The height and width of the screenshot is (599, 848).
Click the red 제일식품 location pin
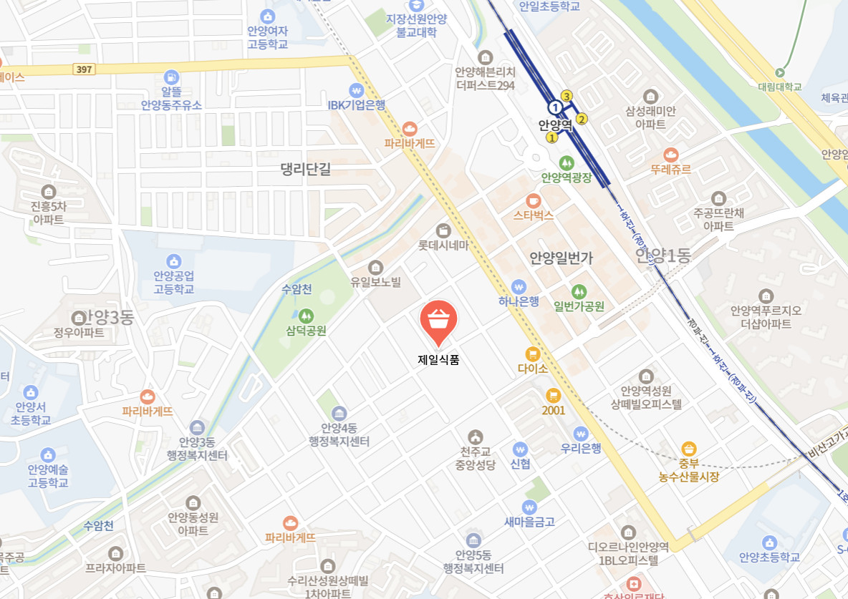point(438,321)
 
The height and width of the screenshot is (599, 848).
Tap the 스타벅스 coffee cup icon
point(533,200)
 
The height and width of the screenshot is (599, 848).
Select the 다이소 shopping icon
point(532,354)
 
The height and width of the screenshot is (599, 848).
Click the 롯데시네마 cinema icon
point(443,230)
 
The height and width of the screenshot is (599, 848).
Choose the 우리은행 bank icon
point(580,434)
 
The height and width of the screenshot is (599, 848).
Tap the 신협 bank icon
point(520,449)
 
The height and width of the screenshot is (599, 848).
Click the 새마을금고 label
point(529,522)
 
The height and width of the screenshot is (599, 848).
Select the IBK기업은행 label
point(357,105)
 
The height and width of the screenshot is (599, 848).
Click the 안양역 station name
point(556,125)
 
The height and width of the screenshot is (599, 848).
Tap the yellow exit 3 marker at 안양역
point(567,96)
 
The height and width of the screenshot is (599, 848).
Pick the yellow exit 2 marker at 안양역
point(582,119)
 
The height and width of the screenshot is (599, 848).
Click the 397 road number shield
point(84,69)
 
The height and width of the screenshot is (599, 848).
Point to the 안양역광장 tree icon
point(567,163)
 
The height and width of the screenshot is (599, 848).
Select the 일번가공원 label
point(579,306)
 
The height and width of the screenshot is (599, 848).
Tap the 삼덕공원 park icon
point(306,316)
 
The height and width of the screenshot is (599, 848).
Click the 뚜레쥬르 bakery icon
point(670,155)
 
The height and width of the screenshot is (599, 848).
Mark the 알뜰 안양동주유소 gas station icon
point(171,77)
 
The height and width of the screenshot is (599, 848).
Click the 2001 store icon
point(553,395)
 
